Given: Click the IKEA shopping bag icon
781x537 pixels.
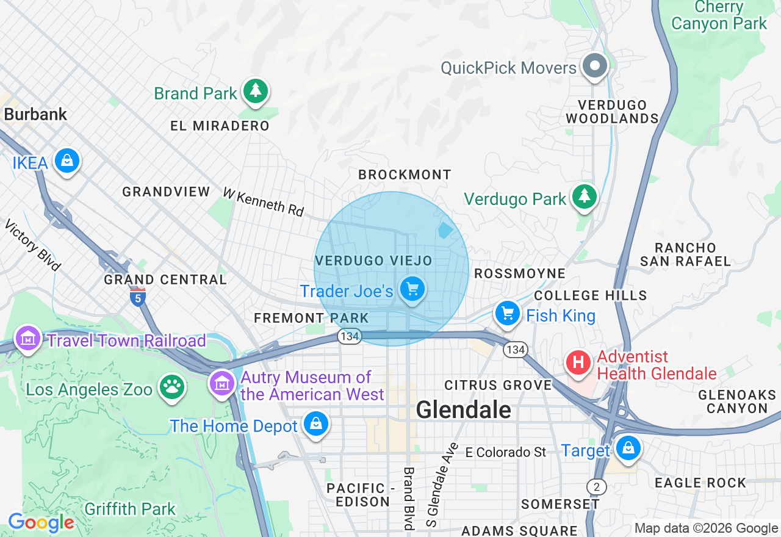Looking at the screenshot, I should [67, 161].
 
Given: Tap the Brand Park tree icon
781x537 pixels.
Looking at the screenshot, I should [255, 92].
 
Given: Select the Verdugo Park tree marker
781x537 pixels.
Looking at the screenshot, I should [585, 196].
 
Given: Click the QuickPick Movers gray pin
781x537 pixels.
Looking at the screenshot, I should [594, 65].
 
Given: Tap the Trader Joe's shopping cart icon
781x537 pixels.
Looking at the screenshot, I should [413, 289].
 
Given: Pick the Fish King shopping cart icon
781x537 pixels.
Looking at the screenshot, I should [507, 314].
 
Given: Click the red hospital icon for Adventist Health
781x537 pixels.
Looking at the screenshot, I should [578, 362].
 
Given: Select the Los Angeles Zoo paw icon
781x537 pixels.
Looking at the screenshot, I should [171, 387].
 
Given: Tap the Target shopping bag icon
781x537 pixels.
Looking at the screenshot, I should [627, 449].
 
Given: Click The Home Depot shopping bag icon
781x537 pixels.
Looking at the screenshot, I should [316, 423].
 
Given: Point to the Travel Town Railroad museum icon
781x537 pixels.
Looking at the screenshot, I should [28, 338].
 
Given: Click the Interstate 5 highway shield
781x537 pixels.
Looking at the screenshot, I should [137, 297].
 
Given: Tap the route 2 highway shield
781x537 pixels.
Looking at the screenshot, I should [596, 486].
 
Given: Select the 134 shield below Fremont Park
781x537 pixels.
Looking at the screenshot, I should [350, 336].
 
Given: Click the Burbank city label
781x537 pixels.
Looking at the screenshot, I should [35, 114].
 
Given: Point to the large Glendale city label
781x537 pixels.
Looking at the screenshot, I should [464, 409].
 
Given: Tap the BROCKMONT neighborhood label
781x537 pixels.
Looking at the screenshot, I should [405, 175].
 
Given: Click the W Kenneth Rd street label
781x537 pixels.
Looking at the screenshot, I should [263, 202].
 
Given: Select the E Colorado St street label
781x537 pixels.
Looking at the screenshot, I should [506, 452].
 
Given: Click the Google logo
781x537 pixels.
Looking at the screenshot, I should [41, 522].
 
